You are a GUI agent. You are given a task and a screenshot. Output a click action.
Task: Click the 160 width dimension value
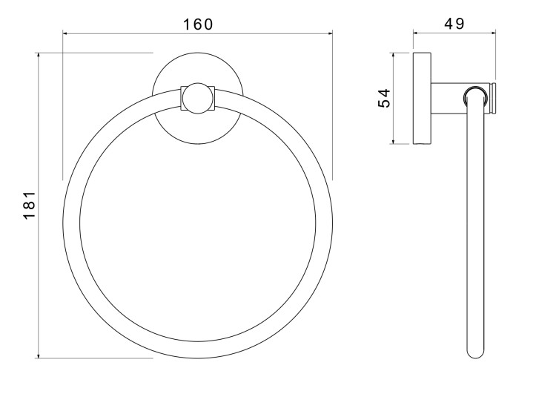pyautogui.click(x=198, y=24)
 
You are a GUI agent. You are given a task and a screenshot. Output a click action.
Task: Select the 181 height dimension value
pyautogui.click(x=29, y=206)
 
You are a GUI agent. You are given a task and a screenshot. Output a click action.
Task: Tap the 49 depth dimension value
pyautogui.click(x=454, y=24)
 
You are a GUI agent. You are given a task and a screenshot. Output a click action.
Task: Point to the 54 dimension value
pyautogui.click(x=384, y=98)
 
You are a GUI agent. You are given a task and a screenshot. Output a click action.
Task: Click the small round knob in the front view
pyautogui.click(x=198, y=99)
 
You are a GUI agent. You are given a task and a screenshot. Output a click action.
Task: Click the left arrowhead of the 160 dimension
pyautogui.click(x=65, y=33)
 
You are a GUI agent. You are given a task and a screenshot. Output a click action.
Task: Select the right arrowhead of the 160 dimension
pyautogui.click(x=330, y=33)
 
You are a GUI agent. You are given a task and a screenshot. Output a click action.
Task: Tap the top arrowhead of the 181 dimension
pyautogui.click(x=39, y=56)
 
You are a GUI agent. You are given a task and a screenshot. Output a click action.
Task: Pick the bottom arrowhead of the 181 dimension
pyautogui.click(x=39, y=355)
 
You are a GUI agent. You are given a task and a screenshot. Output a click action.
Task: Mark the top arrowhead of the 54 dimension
pyautogui.click(x=393, y=56)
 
